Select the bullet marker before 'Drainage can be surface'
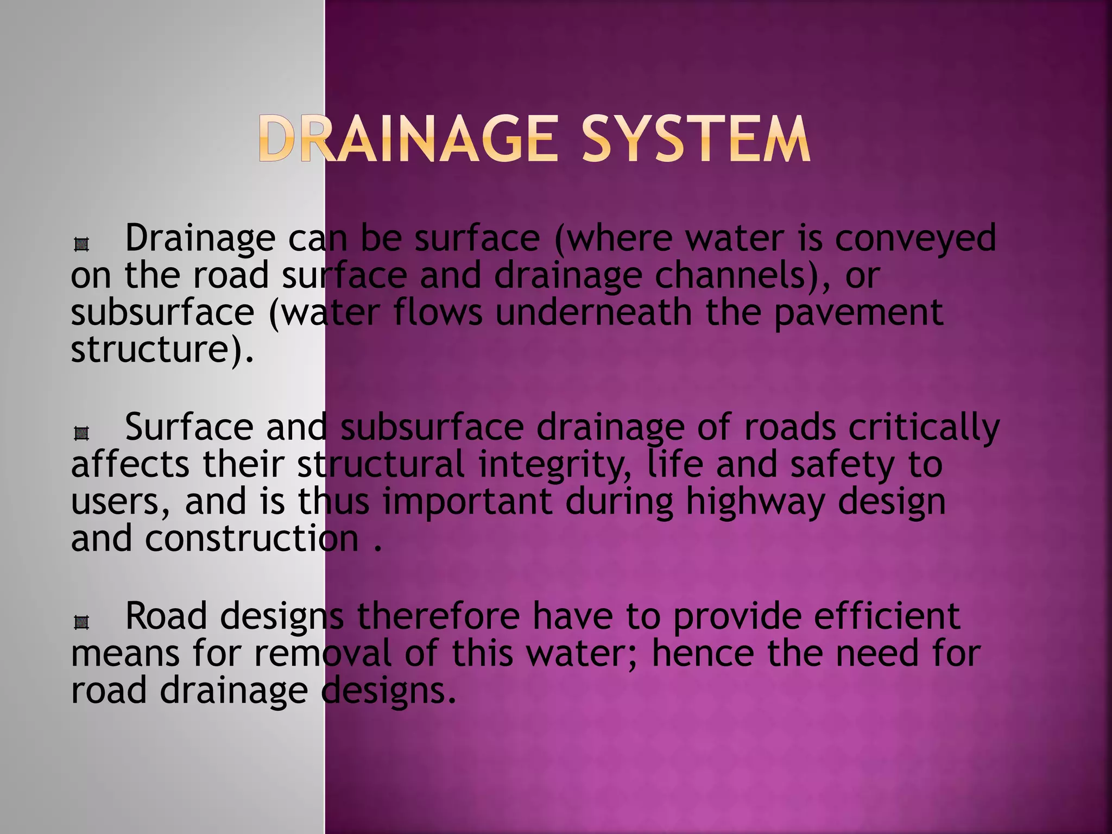pyautogui.click(x=81, y=245)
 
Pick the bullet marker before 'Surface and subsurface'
pyautogui.click(x=81, y=433)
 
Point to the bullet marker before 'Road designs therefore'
pyautogui.click(x=81, y=622)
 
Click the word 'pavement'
pyautogui.click(x=858, y=313)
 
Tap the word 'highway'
pyautogui.click(x=755, y=502)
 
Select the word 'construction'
pyautogui.click(x=252, y=539)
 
